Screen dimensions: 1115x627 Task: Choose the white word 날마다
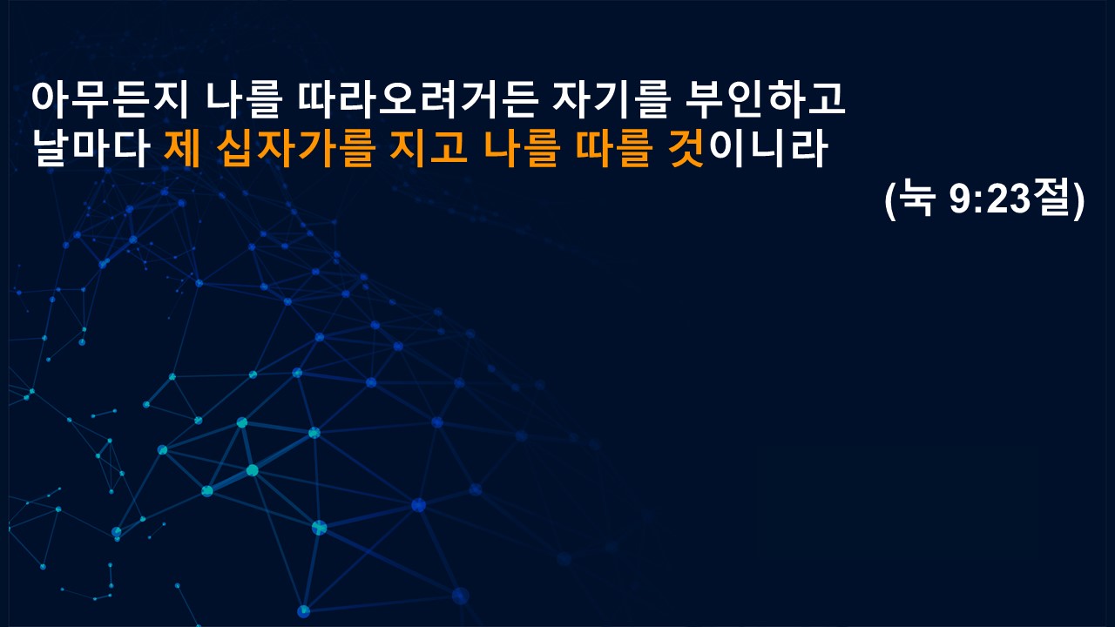point(91,148)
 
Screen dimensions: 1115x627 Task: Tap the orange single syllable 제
point(182,148)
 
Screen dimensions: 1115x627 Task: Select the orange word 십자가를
point(295,148)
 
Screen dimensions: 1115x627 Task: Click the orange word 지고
point(429,148)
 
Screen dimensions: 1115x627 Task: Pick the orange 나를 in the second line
point(522,148)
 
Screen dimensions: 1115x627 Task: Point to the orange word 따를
point(613,148)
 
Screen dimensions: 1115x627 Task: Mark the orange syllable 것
point(686,148)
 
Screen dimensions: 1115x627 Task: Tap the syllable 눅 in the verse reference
point(916,199)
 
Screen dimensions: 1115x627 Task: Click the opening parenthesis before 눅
point(890,200)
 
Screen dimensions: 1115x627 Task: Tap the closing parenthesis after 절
point(1078,200)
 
